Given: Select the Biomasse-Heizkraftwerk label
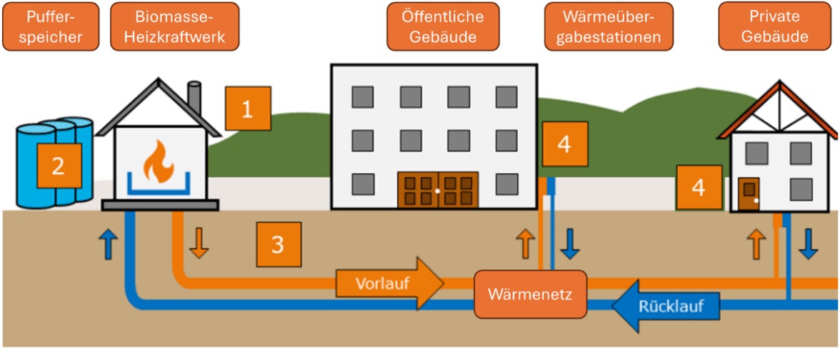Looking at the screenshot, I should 174,27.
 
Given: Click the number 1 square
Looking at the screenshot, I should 248,109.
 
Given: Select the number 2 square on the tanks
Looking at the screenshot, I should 59,166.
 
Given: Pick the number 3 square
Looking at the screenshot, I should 278,244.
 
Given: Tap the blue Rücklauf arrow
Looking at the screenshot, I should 656,306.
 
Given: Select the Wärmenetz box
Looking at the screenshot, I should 530,294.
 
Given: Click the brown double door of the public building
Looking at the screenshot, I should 437,191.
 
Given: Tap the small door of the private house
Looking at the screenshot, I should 749,195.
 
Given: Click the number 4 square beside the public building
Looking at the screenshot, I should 564,144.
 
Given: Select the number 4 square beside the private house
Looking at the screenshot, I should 699,187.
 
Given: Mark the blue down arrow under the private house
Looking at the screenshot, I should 809,244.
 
